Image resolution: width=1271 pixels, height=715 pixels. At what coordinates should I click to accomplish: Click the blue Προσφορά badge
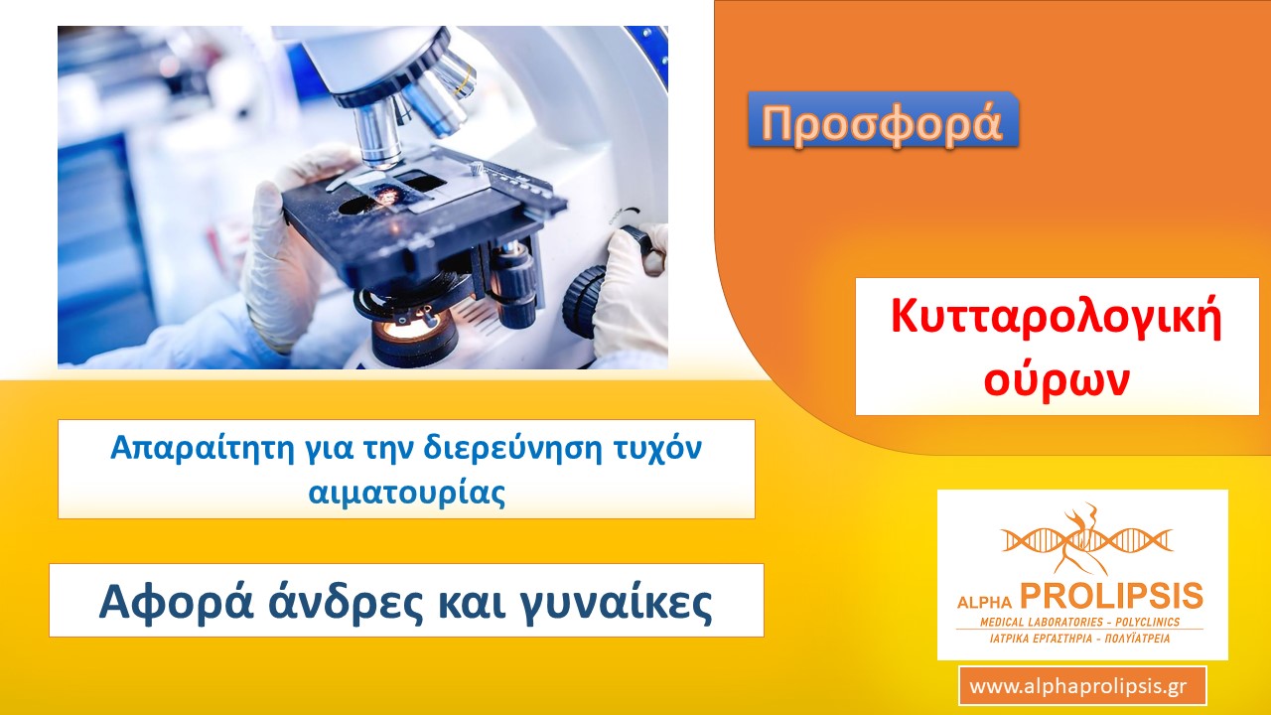[883, 121]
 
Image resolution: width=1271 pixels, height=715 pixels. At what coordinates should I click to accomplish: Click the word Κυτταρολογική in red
[1056, 319]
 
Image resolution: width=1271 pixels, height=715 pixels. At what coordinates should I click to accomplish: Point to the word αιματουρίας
[407, 493]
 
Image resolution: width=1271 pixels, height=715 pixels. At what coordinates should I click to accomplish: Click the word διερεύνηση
[513, 448]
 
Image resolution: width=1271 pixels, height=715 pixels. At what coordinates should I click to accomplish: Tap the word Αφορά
[177, 603]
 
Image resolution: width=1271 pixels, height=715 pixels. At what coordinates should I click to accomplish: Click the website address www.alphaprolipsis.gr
[1082, 686]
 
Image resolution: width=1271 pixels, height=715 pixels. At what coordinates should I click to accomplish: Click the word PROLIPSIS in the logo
[1111, 597]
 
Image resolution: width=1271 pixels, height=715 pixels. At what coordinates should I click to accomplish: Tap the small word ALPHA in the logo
[984, 602]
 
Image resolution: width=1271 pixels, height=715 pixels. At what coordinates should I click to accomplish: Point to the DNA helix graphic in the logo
[1086, 539]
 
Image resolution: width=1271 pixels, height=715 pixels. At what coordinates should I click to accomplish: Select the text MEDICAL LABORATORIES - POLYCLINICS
[1079, 622]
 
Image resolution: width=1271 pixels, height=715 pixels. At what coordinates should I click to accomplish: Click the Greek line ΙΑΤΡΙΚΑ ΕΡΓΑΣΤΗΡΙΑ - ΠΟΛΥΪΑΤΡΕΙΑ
[1079, 639]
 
